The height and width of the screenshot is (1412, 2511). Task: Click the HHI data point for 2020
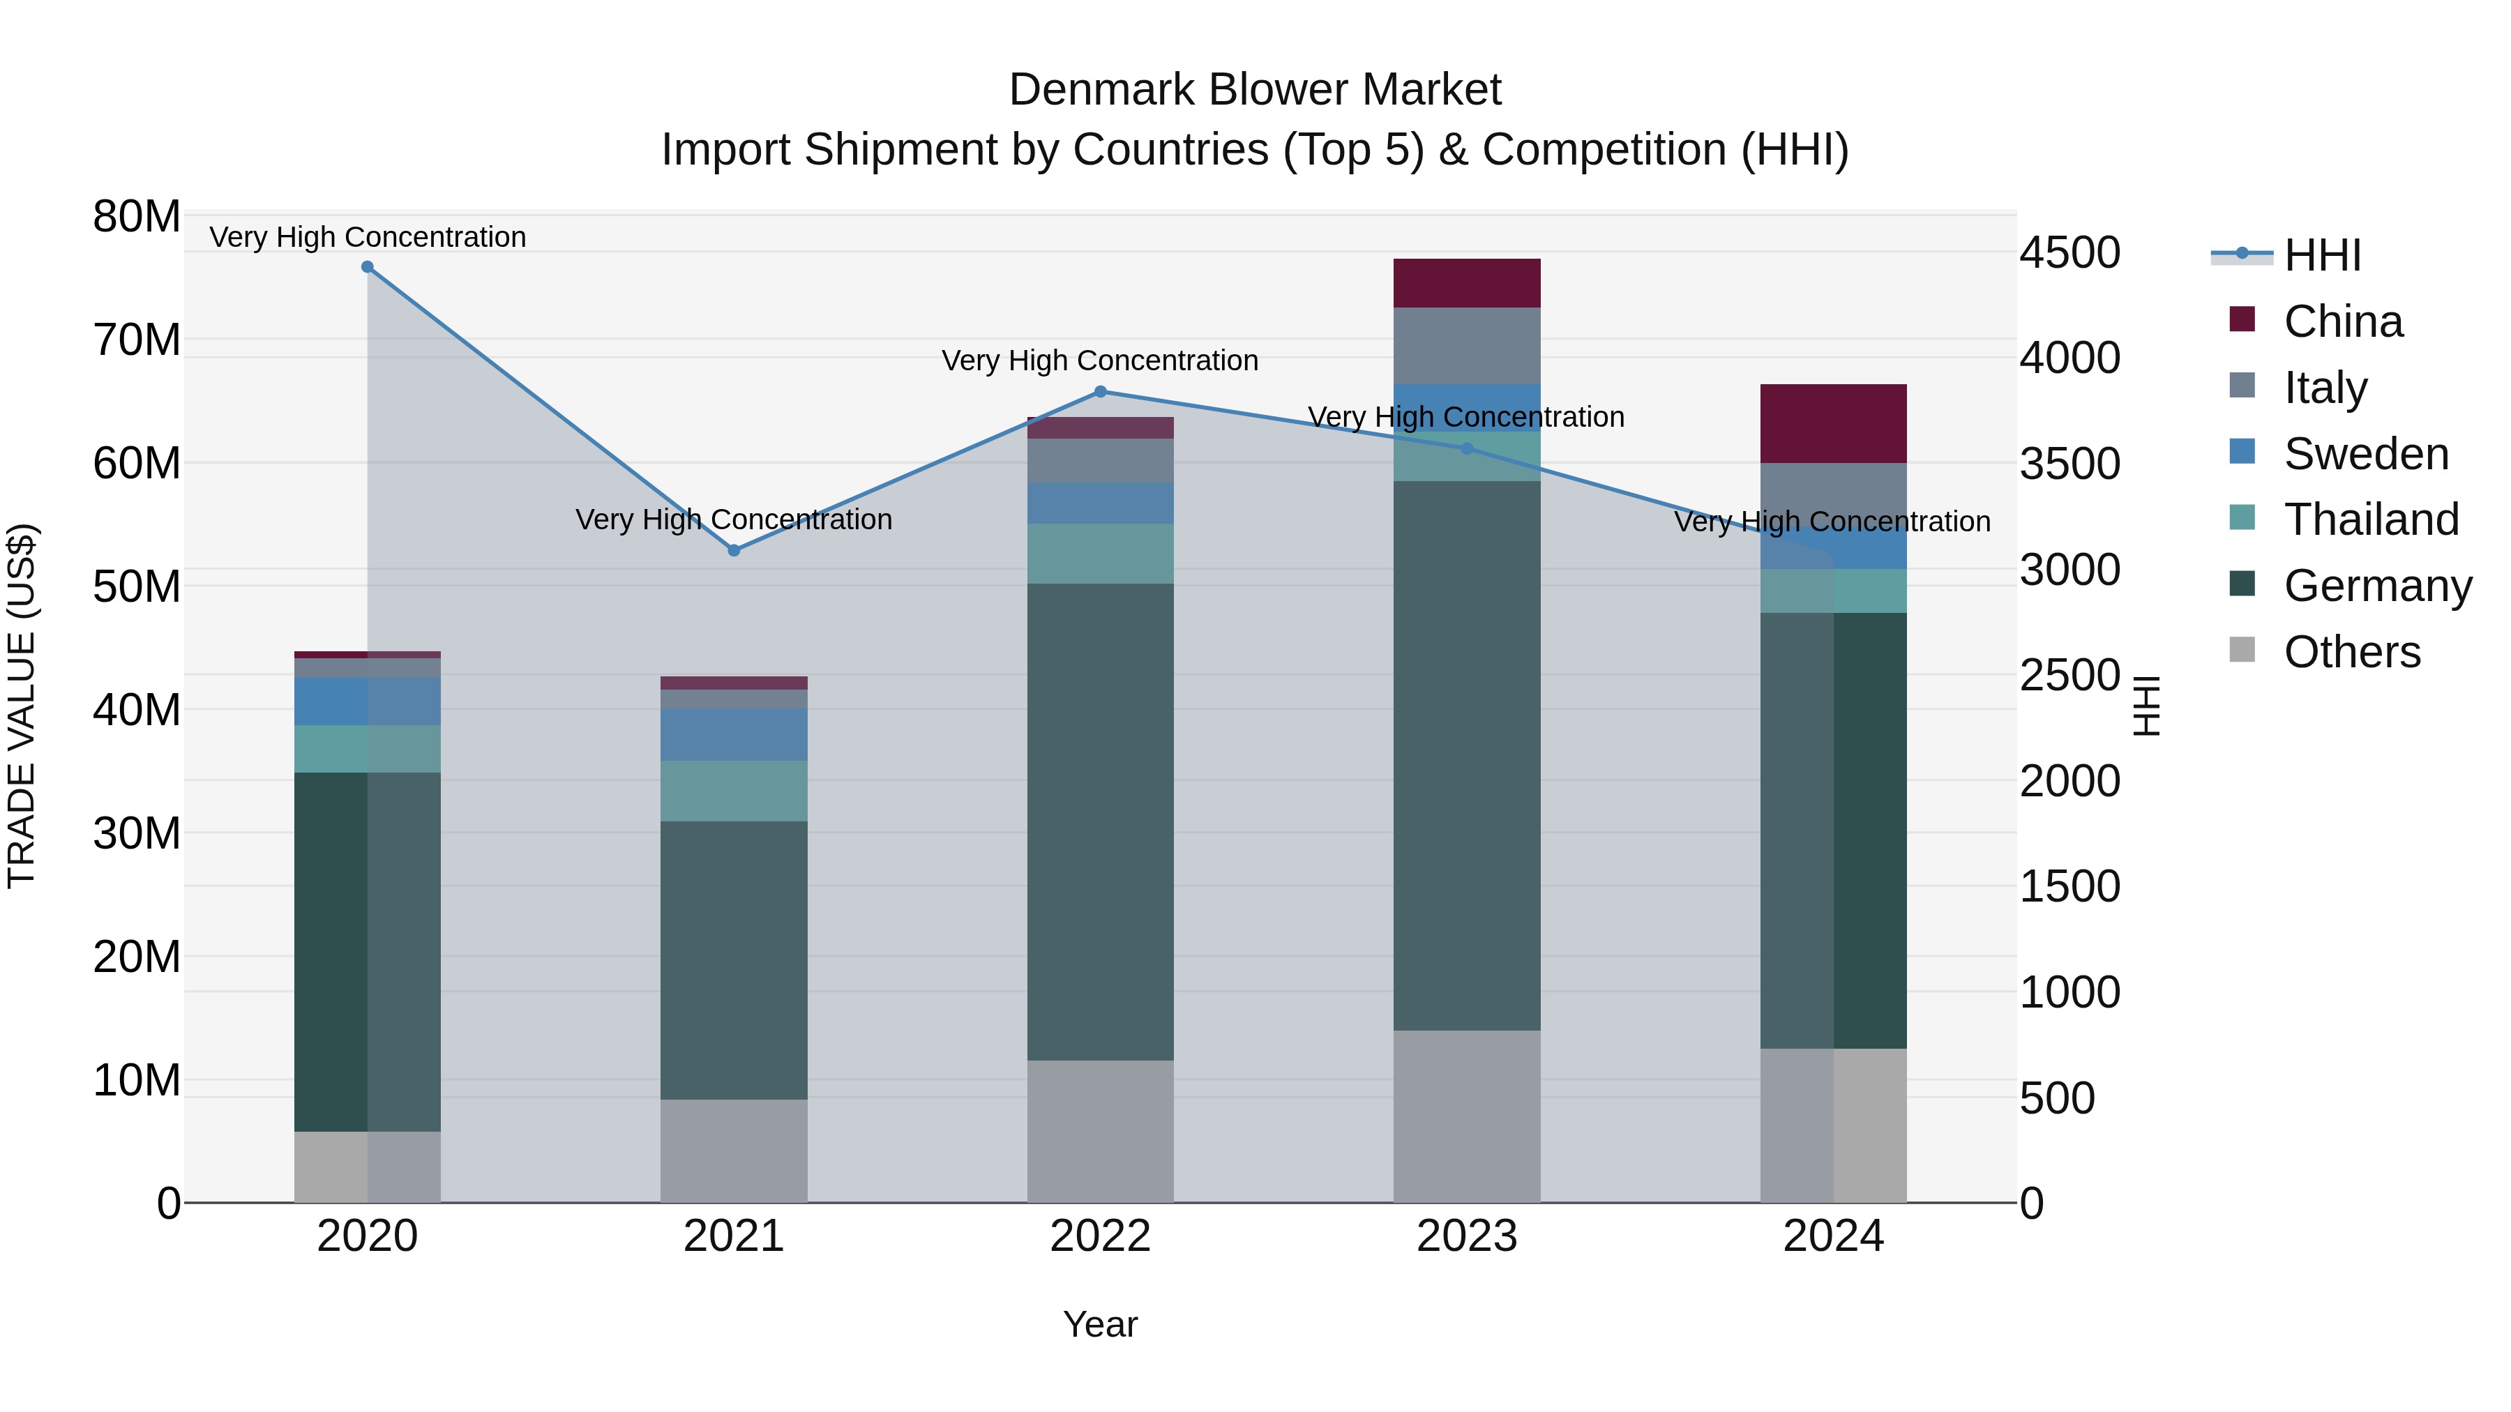(x=368, y=267)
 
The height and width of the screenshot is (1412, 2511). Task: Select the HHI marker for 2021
(x=734, y=551)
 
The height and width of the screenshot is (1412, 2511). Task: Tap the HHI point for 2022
(x=1101, y=392)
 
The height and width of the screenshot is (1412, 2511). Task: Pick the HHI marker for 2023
(x=1467, y=448)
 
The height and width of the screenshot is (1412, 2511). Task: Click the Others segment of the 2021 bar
(x=734, y=1150)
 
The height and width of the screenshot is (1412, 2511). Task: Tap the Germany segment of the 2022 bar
(x=1101, y=821)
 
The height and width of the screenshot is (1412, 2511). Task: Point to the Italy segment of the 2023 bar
(x=1466, y=345)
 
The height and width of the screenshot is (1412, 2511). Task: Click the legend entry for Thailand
(x=2371, y=519)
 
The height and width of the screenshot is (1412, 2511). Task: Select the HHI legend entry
(x=2322, y=255)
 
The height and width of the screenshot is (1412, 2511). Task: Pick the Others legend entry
(x=2351, y=652)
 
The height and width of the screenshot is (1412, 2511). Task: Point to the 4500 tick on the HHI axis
(x=2069, y=252)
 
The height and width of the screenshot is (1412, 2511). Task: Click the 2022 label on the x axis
(x=1101, y=1236)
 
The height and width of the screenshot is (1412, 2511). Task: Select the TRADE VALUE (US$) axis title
(x=22, y=706)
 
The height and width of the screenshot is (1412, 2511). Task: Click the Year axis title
(x=1101, y=1324)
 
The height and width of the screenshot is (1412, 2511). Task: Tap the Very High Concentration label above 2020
(x=368, y=237)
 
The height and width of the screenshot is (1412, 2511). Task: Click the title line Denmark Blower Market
(x=1255, y=90)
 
